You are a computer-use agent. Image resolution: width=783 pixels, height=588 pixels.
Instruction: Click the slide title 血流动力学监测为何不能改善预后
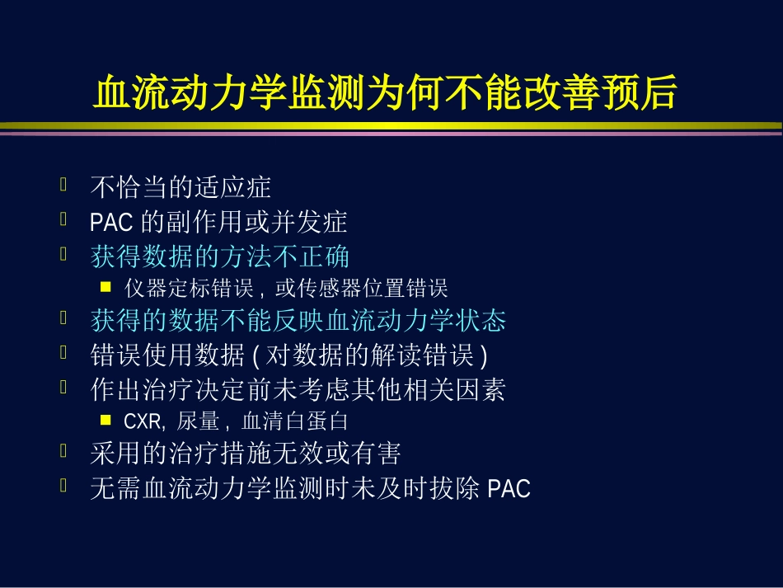click(386, 94)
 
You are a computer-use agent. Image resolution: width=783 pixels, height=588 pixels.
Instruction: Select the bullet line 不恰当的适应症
click(181, 187)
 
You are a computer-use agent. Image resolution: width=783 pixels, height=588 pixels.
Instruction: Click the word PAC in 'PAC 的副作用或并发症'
click(105, 222)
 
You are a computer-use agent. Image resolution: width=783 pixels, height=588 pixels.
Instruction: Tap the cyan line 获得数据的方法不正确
click(220, 256)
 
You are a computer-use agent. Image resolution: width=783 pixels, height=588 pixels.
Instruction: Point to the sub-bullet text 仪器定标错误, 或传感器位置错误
click(286, 289)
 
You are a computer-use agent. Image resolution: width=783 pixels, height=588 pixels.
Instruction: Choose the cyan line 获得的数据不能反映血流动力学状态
click(298, 320)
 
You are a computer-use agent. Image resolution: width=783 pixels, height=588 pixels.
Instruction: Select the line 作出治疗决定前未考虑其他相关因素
click(298, 389)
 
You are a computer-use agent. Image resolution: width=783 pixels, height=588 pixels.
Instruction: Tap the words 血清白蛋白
click(294, 421)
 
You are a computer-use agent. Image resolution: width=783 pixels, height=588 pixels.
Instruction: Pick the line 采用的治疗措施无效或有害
click(246, 454)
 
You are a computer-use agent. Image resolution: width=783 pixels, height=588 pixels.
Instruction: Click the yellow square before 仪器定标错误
click(105, 288)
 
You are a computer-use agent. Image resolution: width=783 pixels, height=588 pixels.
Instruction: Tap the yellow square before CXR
click(105, 421)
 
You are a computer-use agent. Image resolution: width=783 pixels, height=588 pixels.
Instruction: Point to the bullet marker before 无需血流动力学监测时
click(63, 486)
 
